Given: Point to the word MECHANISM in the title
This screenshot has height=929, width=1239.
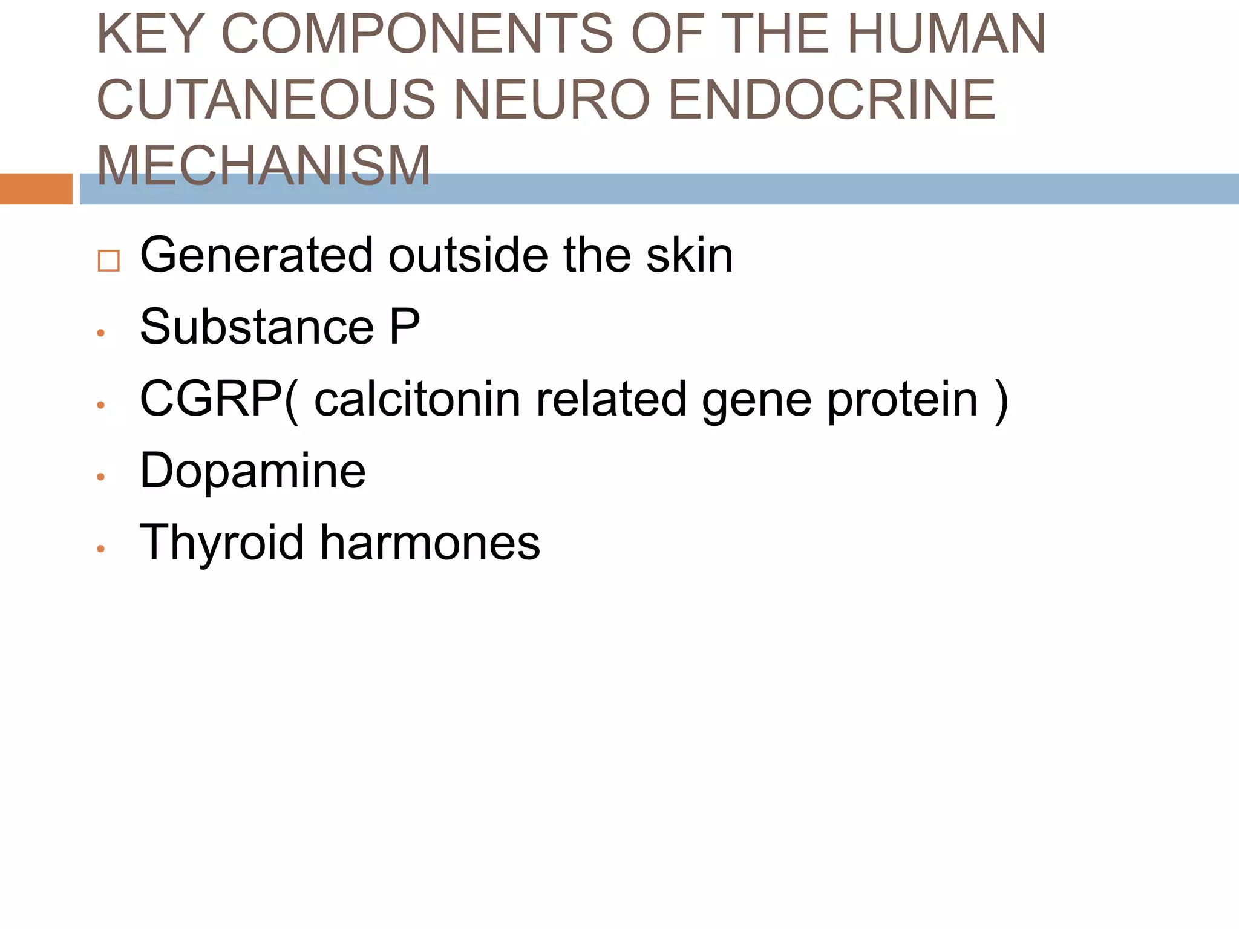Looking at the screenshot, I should pos(264,165).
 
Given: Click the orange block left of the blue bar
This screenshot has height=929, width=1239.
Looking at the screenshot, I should pos(36,189).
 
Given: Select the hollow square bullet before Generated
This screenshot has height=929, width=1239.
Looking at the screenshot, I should pos(108,261).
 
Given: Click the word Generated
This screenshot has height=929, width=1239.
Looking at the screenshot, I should pos(256,255).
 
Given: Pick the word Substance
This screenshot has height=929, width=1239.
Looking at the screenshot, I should pos(257,327).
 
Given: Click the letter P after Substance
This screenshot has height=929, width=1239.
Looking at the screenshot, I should pos(404,327).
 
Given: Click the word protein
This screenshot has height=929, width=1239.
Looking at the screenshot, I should pos(902,400).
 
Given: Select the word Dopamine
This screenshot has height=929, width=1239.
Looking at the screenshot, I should pos(252,471).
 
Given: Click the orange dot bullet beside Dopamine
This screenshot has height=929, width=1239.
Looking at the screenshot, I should pos(101,477).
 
